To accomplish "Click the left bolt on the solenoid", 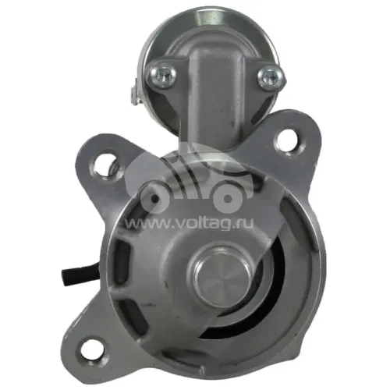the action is click(x=161, y=76).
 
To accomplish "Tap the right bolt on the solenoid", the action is click(x=271, y=77).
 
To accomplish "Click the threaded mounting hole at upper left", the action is click(x=106, y=166).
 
